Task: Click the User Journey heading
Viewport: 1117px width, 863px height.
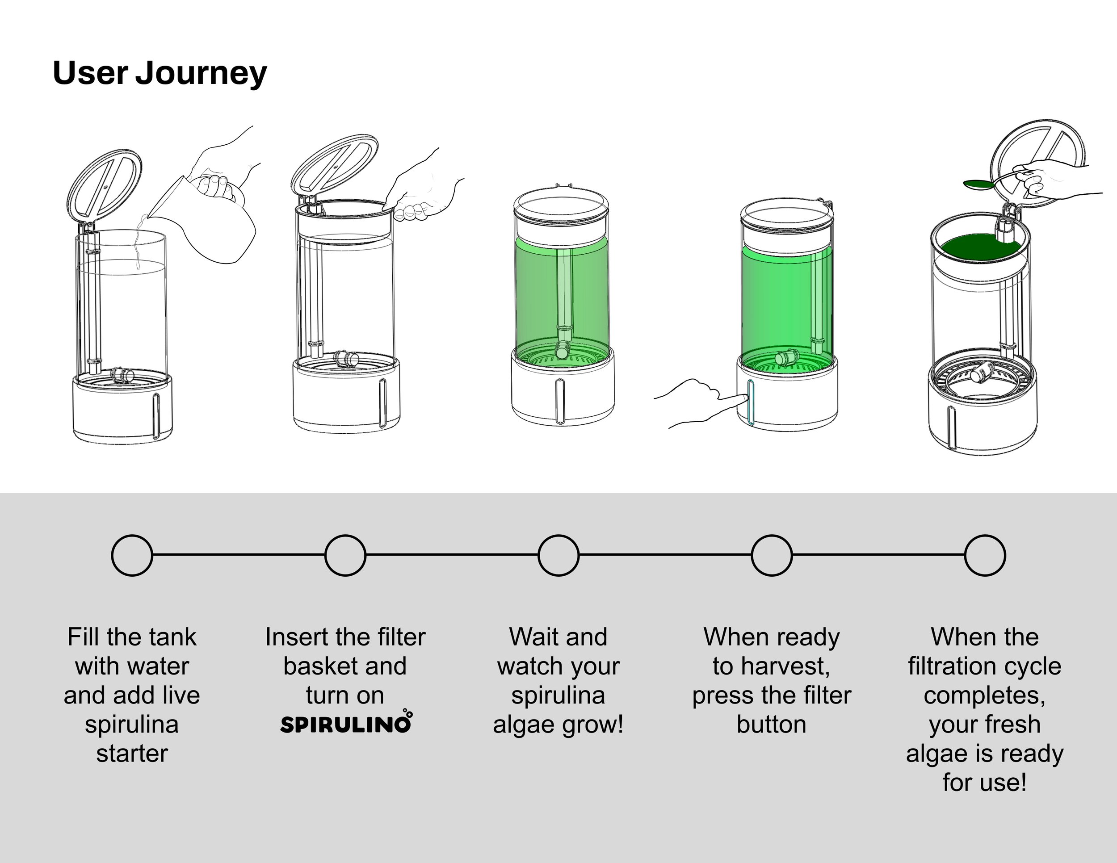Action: click(x=160, y=73)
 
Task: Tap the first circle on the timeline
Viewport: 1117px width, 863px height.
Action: click(x=132, y=555)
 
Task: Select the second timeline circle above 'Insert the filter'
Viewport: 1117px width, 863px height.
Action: click(x=345, y=555)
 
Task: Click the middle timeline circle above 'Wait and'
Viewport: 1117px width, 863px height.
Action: click(x=558, y=555)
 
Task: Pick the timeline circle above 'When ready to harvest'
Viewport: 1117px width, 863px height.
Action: click(x=772, y=555)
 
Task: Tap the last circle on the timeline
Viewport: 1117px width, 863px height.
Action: click(x=985, y=555)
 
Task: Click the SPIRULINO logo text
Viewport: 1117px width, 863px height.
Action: click(x=346, y=724)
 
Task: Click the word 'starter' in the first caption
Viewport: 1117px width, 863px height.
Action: click(x=132, y=754)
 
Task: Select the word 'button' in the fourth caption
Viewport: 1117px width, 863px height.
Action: click(x=772, y=725)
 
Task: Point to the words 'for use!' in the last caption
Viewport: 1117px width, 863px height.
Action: click(x=985, y=783)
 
